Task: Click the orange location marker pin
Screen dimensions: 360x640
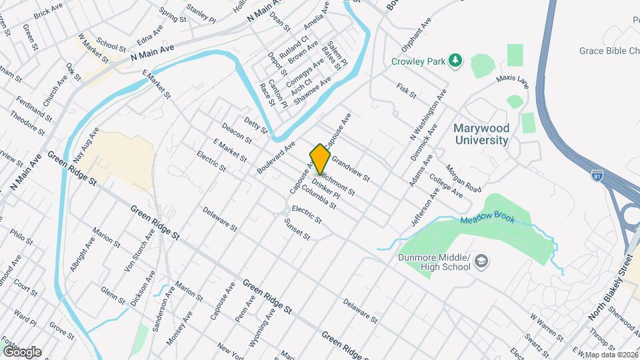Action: pyautogui.click(x=321, y=158)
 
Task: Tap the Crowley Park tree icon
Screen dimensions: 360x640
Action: pyautogui.click(x=456, y=61)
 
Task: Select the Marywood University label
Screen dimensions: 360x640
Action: pyautogui.click(x=481, y=134)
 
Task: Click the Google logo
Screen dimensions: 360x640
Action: pyautogui.click(x=21, y=351)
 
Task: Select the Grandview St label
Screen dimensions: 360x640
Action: pyautogui.click(x=350, y=170)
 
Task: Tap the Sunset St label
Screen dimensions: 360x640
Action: pyautogui.click(x=298, y=231)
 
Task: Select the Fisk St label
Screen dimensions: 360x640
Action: pyautogui.click(x=406, y=91)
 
